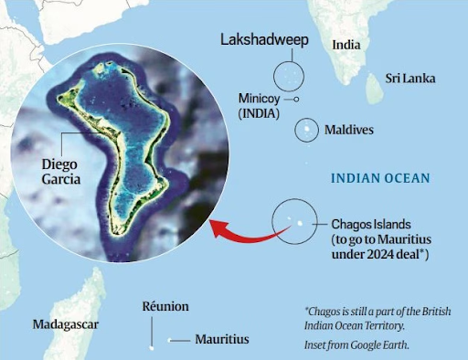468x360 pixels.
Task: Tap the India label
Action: [x=346, y=45]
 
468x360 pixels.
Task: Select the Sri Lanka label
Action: [x=408, y=79]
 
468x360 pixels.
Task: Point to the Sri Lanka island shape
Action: [x=373, y=88]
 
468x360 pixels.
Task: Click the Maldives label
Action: [x=348, y=130]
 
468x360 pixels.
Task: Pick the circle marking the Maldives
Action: [x=303, y=130]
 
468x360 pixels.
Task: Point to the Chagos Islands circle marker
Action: [x=294, y=222]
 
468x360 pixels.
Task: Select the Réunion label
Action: [x=165, y=307]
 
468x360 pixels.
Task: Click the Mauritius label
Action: [x=221, y=339]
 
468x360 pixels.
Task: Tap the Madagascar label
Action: [x=65, y=324]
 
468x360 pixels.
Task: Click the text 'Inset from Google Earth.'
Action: [x=356, y=344]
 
